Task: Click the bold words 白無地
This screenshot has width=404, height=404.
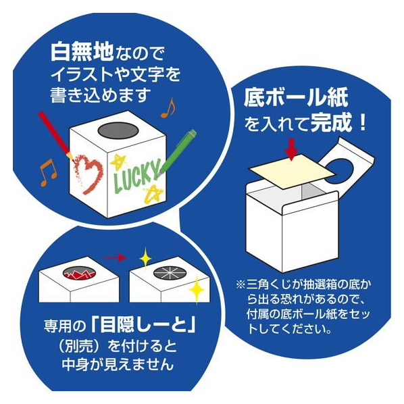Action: pos(82,52)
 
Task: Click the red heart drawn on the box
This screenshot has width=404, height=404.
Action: pos(89,174)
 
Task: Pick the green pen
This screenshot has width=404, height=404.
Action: pos(177,153)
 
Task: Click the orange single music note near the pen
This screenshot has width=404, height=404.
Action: pos(168,108)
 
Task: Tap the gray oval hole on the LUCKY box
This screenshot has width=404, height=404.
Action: pos(118,130)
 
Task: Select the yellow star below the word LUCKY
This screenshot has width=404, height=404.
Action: pos(153,193)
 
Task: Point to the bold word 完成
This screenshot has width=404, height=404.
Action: pos(331,122)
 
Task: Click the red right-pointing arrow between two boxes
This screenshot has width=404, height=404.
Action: pos(114,257)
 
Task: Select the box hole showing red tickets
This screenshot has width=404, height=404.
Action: pos(79,272)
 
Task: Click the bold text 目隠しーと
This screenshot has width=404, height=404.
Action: pos(144,326)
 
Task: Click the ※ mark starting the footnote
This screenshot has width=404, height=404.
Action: pos(241,284)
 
